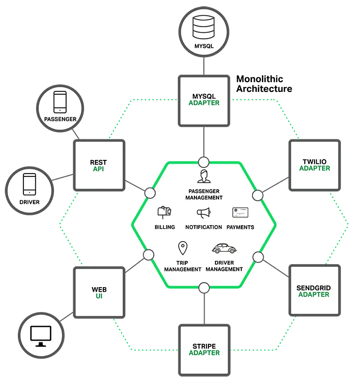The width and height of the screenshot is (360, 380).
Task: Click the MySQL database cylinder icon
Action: pyautogui.click(x=203, y=28)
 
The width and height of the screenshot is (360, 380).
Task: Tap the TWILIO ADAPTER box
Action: pyautogui.click(x=314, y=165)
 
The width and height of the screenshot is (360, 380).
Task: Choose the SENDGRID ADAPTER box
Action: pyautogui.click(x=314, y=291)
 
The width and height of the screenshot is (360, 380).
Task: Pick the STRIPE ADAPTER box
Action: pyautogui.click(x=204, y=350)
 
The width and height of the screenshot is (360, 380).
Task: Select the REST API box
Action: pyautogui.click(x=99, y=166)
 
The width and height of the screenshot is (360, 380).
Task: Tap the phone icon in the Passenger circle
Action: pyautogui.click(x=60, y=102)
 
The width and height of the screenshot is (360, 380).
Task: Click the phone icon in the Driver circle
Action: pyautogui.click(x=29, y=184)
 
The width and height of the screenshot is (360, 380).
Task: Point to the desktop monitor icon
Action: pyautogui.click(x=41, y=335)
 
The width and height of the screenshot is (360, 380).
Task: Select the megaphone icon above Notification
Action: pyautogui.click(x=203, y=213)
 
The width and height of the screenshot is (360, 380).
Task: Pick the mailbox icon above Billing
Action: pyautogui.click(x=164, y=212)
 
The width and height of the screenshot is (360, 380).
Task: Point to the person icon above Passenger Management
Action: pyautogui.click(x=203, y=177)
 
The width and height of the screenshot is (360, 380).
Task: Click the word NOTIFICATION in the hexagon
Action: pyautogui.click(x=203, y=227)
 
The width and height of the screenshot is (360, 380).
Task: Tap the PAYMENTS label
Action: pyautogui.click(x=240, y=227)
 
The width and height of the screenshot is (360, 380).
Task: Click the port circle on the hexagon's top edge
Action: pyautogui.click(x=203, y=162)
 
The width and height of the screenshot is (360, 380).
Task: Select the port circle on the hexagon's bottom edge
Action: pyautogui.click(x=204, y=288)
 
